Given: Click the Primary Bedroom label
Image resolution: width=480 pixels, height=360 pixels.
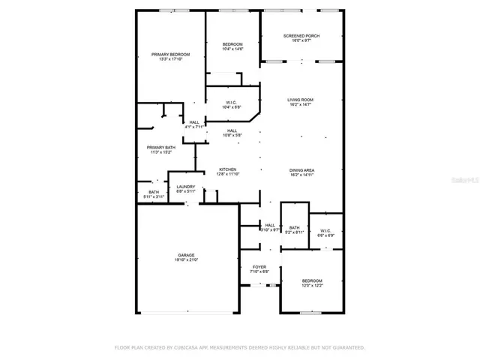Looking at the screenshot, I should (x=170, y=55).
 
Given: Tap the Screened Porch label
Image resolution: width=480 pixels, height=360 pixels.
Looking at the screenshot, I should (x=302, y=36).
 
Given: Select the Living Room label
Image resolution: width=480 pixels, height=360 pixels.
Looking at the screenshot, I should (x=301, y=100).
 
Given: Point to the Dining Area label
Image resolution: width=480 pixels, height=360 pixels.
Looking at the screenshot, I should (x=301, y=170).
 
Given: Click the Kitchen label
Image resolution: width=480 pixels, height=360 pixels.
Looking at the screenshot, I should (x=228, y=169).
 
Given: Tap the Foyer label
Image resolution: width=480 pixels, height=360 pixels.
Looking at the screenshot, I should (x=259, y=267).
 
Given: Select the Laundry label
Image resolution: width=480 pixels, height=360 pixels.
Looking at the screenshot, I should (x=186, y=187).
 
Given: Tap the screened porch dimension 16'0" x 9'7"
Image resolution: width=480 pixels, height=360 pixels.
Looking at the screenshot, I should (x=302, y=41).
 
